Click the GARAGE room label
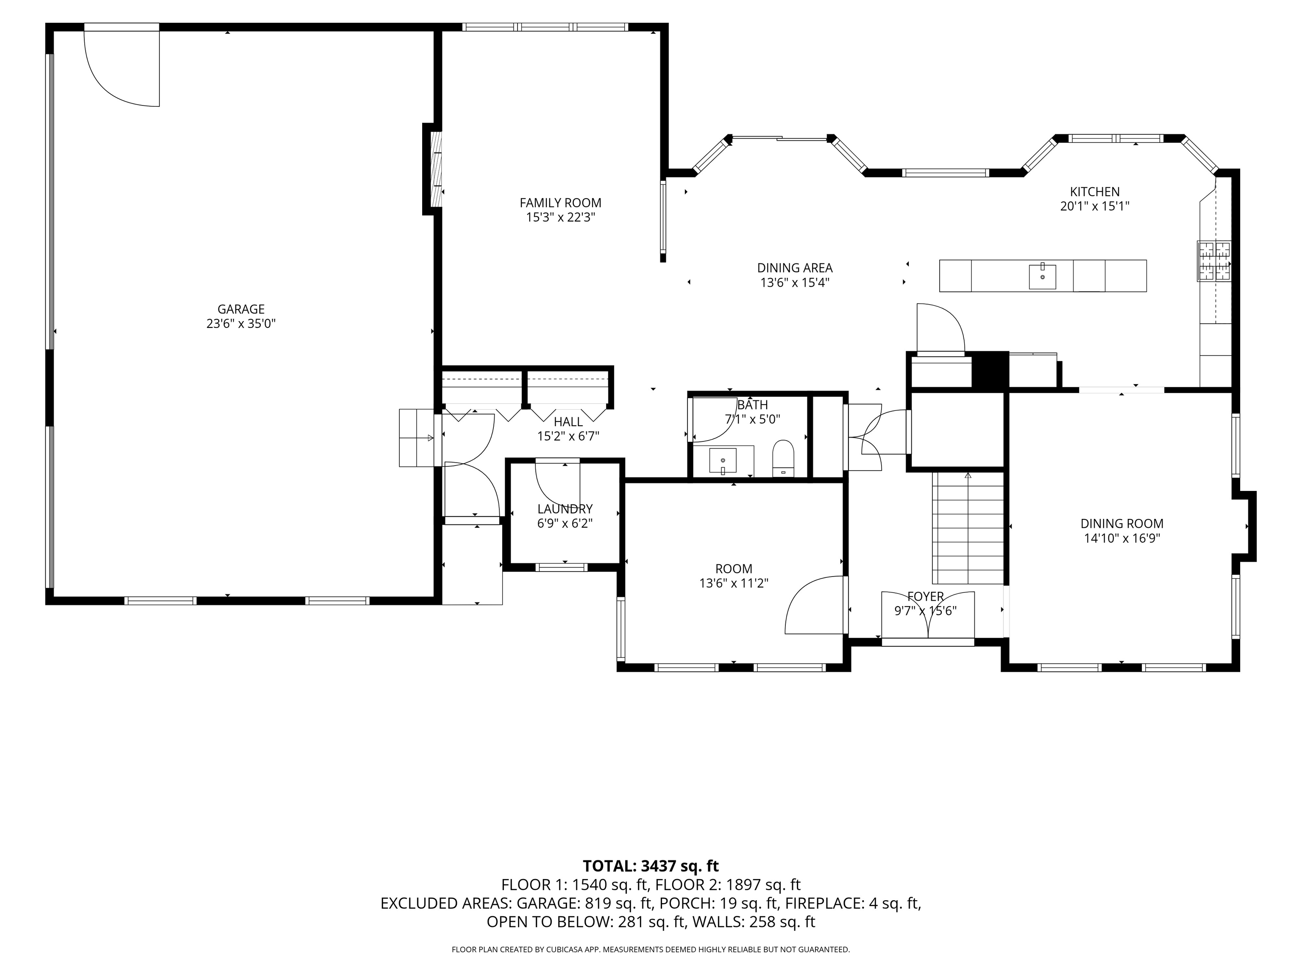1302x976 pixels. click(x=241, y=309)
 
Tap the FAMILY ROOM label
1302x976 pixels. click(x=560, y=203)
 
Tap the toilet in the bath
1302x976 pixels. click(x=783, y=458)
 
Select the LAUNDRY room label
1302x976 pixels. click(x=565, y=509)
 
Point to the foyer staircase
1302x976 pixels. click(x=968, y=528)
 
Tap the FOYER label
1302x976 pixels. click(x=925, y=596)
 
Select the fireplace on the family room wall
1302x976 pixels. click(x=437, y=169)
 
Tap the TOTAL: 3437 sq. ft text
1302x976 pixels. click(x=651, y=866)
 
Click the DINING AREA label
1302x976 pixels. click(x=795, y=268)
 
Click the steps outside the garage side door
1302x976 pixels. click(x=417, y=438)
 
